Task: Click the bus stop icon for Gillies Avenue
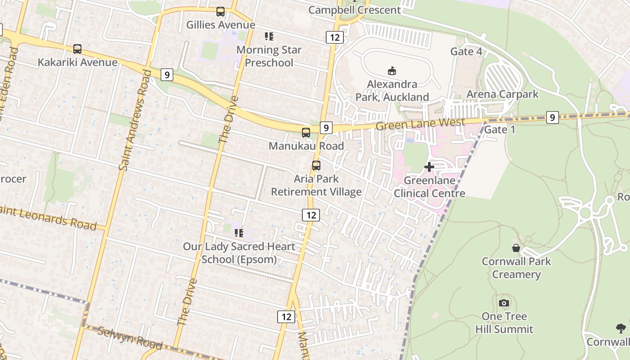(x=220, y=12)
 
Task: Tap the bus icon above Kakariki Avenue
(x=77, y=49)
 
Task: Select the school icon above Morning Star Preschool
(x=269, y=36)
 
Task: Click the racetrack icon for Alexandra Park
(x=392, y=71)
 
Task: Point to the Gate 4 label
(x=466, y=52)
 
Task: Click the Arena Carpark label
(x=502, y=94)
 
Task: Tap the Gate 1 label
(x=499, y=130)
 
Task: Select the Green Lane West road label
(x=420, y=124)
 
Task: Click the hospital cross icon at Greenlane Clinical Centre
(x=429, y=167)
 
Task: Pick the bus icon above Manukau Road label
(x=306, y=133)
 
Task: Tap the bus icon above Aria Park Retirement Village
(x=316, y=166)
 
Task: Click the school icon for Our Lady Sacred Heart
(x=238, y=233)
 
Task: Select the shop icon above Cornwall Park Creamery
(x=516, y=248)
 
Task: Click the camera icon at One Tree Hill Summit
(x=504, y=303)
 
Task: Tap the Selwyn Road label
(x=130, y=338)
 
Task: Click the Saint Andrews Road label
(x=134, y=121)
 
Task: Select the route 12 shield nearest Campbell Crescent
(x=334, y=37)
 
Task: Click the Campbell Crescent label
(x=355, y=10)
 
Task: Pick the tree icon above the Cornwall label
(x=621, y=328)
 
